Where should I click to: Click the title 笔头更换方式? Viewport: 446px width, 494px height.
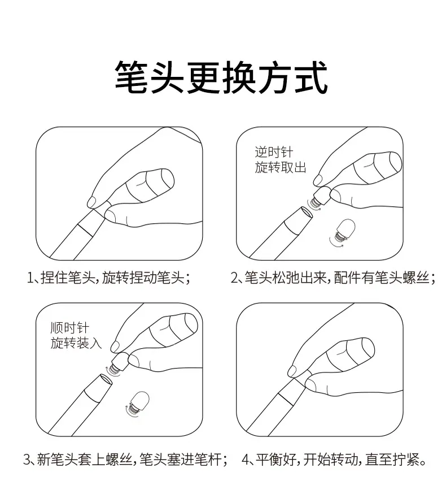(x=221, y=77)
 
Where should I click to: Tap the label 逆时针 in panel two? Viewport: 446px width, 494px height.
(x=274, y=152)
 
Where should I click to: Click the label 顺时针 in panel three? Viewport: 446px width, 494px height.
(x=69, y=328)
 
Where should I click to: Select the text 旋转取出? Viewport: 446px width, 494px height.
(x=281, y=167)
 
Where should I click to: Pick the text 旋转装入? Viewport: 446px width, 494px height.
(x=76, y=343)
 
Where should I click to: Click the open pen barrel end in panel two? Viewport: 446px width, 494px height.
(x=306, y=213)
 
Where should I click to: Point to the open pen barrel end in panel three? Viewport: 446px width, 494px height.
(x=106, y=379)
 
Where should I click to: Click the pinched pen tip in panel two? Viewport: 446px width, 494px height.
(x=321, y=197)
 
